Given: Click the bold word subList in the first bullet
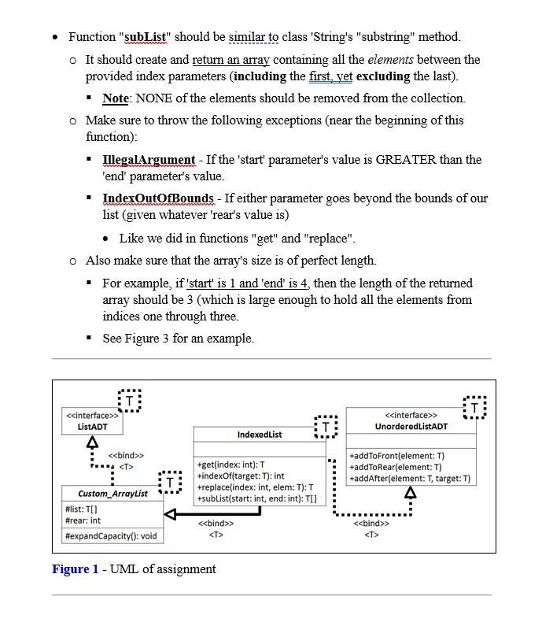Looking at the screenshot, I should point(146,37).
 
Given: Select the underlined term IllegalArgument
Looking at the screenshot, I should point(149,160).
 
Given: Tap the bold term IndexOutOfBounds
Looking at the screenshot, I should point(158,198).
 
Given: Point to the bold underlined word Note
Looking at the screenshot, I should point(115,98).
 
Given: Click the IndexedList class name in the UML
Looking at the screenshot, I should point(259,435).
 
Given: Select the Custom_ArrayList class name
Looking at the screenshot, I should point(113,494).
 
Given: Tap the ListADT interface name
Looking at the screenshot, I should point(92,427).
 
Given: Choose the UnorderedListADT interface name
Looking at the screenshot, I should point(411,427).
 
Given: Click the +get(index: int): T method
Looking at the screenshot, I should point(230,465).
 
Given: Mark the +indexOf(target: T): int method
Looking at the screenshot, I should point(240,476).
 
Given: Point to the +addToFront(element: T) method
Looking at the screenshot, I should point(397,456).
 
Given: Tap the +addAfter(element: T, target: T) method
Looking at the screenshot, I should point(410,479).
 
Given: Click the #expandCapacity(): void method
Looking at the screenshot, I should point(111,536).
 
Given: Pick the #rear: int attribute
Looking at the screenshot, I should point(83,520).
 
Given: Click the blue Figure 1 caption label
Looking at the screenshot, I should point(76,569).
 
